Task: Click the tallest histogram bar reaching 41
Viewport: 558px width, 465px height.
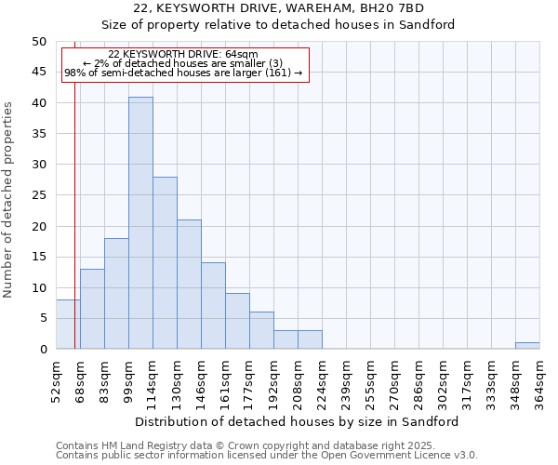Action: click(140, 223)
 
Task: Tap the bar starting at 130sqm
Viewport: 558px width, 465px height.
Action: click(189, 285)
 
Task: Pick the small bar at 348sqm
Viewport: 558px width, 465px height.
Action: click(527, 346)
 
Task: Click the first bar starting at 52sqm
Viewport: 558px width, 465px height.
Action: click(68, 325)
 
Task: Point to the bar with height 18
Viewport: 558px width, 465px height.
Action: click(116, 294)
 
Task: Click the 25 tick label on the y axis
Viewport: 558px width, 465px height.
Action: click(39, 195)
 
